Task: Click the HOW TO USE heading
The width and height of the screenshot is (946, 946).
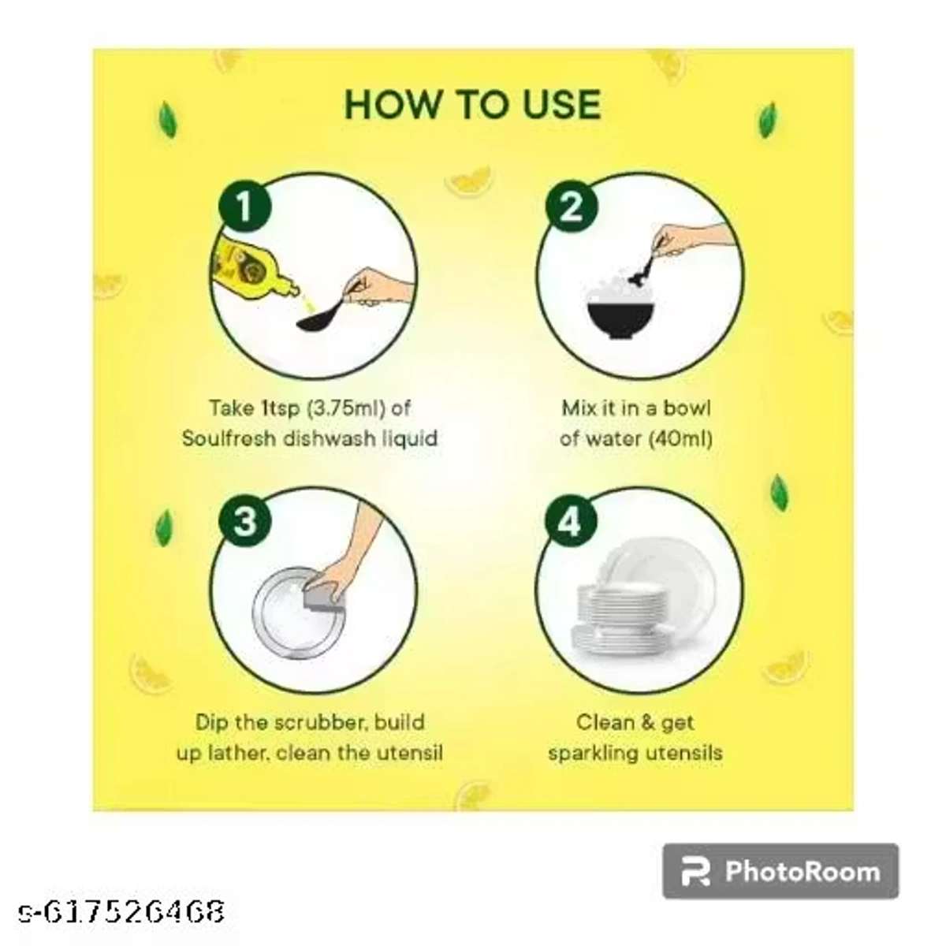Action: pyautogui.click(x=473, y=105)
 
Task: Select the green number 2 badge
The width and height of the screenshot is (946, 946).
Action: pyautogui.click(x=570, y=207)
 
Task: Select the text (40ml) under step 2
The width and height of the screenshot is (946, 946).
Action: pyautogui.click(x=679, y=438)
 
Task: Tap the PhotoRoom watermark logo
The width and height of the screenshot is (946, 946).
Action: pyautogui.click(x=780, y=871)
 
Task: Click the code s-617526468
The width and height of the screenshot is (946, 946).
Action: pyautogui.click(x=122, y=912)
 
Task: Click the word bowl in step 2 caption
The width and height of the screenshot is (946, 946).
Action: pyautogui.click(x=687, y=408)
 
